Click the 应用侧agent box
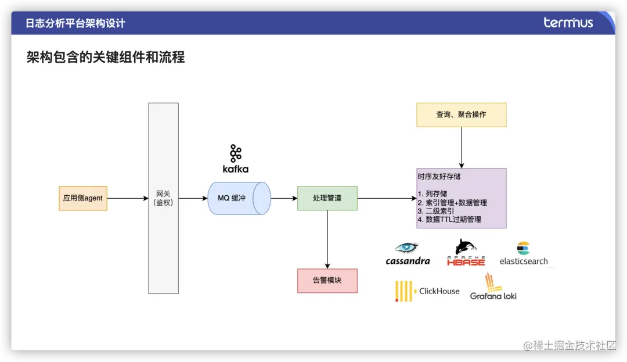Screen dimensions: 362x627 (x=83, y=198)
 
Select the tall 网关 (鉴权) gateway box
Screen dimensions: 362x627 (x=163, y=198)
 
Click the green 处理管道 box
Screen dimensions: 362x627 (x=327, y=198)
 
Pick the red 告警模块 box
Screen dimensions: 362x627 (x=327, y=280)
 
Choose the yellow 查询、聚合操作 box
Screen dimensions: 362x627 (x=461, y=114)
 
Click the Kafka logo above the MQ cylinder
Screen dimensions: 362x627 (x=235, y=159)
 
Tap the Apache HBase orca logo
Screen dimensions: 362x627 (x=466, y=247)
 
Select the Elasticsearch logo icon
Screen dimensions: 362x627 (x=524, y=249)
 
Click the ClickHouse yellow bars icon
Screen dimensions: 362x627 (x=403, y=291)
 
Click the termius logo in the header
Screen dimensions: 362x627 (x=568, y=23)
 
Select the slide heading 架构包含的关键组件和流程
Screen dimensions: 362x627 (x=106, y=57)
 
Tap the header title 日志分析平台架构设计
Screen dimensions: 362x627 (x=75, y=23)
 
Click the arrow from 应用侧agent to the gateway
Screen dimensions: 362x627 (x=128, y=198)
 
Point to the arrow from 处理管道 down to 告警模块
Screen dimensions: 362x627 (x=327, y=239)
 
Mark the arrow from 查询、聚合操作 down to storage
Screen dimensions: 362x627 (x=462, y=148)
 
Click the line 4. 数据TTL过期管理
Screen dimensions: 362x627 (x=449, y=220)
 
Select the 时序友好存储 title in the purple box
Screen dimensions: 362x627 (x=439, y=176)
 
